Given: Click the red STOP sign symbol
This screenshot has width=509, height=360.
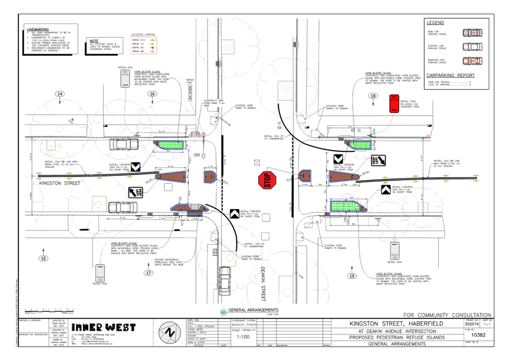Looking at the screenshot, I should pyautogui.click(x=268, y=180).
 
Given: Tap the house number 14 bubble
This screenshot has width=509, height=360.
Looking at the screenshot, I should pyautogui.click(x=60, y=94).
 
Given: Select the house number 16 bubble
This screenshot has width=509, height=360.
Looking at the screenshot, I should pyautogui.click(x=153, y=94).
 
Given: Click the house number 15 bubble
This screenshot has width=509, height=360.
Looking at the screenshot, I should pyautogui.click(x=43, y=258).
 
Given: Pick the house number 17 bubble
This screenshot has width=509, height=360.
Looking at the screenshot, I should pyautogui.click(x=148, y=273).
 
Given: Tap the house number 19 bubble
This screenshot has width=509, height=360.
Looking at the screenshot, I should pyautogui.click(x=352, y=276).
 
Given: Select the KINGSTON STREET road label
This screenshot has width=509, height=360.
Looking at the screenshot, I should pyautogui.click(x=60, y=183).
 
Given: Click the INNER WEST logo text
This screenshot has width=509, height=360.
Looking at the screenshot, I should pyautogui.click(x=104, y=327).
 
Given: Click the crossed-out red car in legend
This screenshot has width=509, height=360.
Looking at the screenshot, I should pyautogui.click(x=472, y=62).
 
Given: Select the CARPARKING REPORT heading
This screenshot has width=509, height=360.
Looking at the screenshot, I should pyautogui.click(x=450, y=75).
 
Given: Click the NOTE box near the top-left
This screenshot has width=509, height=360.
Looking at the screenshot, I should pyautogui.click(x=104, y=45).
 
